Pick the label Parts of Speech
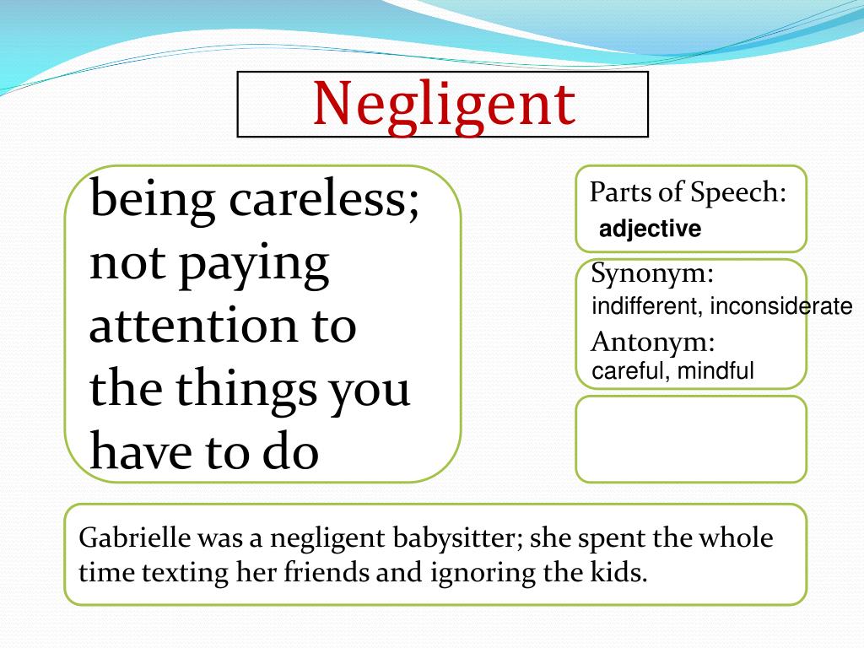[688, 192]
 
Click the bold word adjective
[650, 229]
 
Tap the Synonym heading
[653, 274]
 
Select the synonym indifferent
[643, 306]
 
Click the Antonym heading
[653, 343]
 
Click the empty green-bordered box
[691, 440]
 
